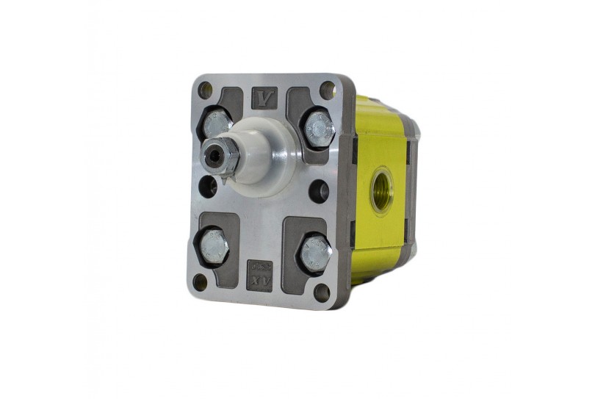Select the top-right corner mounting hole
point(328,92)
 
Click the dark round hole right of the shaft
point(319,193)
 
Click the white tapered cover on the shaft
point(253,154)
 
